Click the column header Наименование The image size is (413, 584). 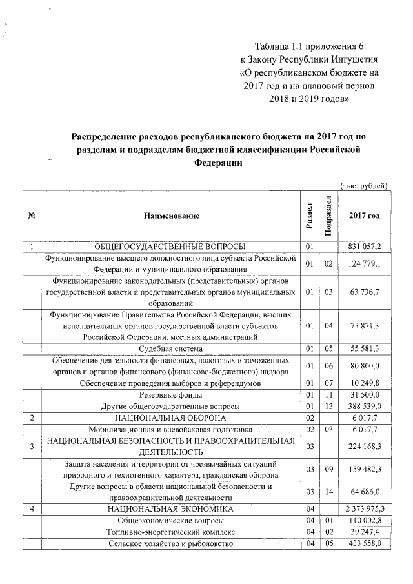pyautogui.click(x=171, y=215)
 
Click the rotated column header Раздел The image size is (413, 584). pyautogui.click(x=310, y=215)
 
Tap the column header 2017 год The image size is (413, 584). pyautogui.click(x=364, y=215)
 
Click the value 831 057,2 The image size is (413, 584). pyautogui.click(x=365, y=247)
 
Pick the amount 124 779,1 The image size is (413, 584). pyautogui.click(x=365, y=263)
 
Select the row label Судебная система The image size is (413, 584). pyautogui.click(x=170, y=348)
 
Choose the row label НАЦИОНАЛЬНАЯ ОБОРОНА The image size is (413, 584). pyautogui.click(x=170, y=418)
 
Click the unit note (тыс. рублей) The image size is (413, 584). pyautogui.click(x=363, y=186)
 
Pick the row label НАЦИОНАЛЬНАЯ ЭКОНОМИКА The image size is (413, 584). pyautogui.click(x=170, y=509)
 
